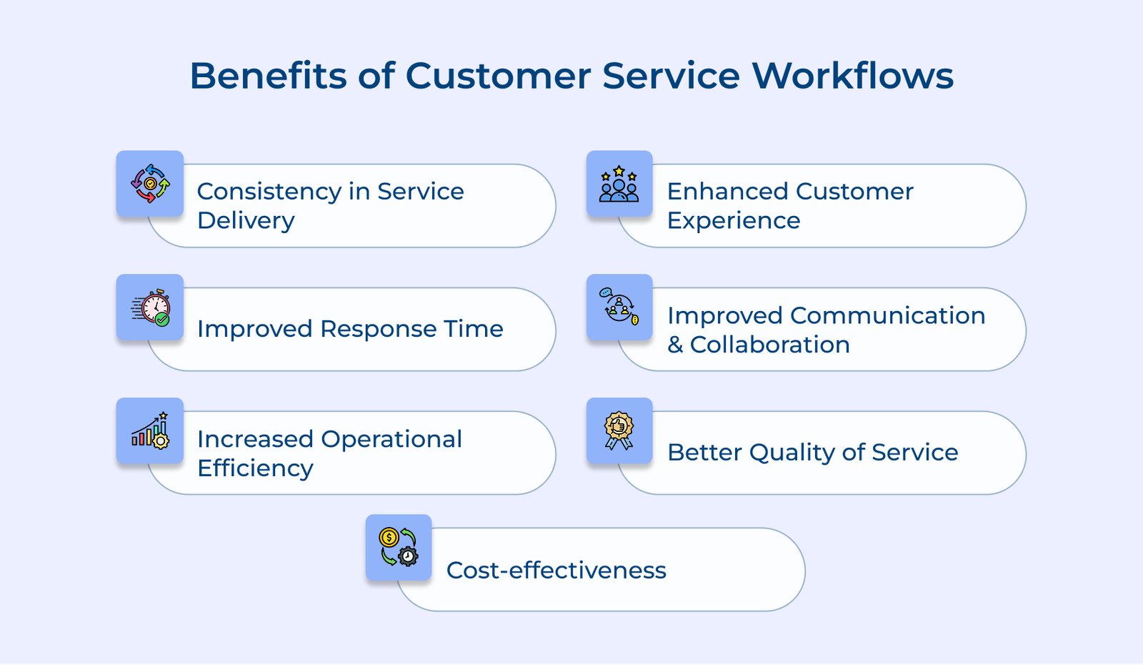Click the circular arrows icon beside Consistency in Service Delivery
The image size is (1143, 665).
(150, 184)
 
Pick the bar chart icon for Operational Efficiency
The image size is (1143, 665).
(150, 431)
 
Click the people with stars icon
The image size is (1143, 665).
(619, 184)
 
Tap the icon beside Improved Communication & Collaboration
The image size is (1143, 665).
(619, 307)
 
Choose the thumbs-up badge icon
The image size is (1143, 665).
(619, 431)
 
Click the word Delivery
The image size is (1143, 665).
(246, 221)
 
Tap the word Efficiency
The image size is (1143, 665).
(255, 468)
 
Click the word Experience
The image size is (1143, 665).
(733, 221)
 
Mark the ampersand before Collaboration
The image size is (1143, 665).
(675, 345)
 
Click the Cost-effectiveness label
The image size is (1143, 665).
(556, 571)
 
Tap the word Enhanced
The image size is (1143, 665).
(727, 192)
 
